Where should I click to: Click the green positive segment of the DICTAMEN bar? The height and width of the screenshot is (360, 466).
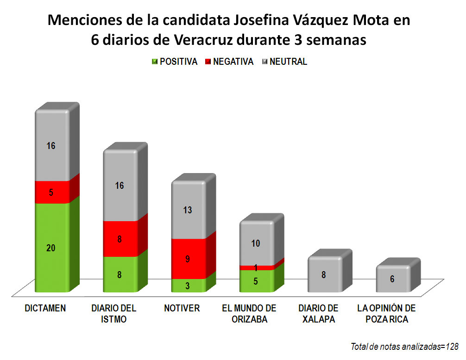click(52, 248)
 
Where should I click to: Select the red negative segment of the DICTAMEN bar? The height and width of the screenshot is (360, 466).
click(52, 192)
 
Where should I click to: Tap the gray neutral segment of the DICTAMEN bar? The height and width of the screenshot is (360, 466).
click(52, 146)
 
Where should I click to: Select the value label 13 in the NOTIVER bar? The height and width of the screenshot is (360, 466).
click(188, 210)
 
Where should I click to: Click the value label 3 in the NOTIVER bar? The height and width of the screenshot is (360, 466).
click(188, 286)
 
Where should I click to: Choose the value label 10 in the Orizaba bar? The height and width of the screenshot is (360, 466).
click(256, 243)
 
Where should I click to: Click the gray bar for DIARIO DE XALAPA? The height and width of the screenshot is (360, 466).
click(324, 274)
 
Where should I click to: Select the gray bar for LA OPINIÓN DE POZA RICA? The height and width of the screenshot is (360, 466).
click(393, 279)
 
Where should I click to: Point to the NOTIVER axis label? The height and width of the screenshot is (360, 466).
click(182, 309)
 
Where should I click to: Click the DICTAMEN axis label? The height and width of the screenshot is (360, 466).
click(45, 309)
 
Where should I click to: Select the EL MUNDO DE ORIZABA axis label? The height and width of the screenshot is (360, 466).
click(249, 314)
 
